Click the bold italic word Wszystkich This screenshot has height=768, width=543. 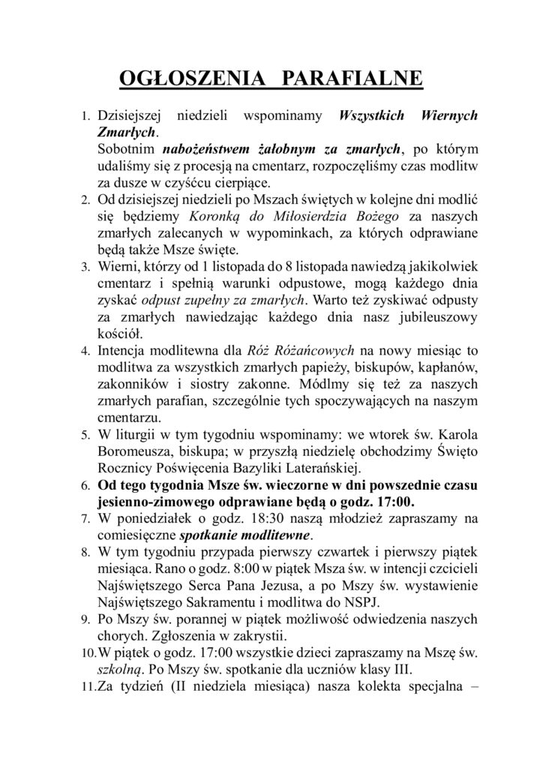tap(373, 116)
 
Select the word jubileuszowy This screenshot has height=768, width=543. tap(433, 316)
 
